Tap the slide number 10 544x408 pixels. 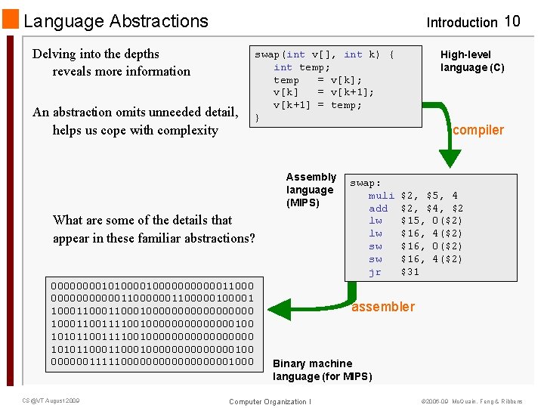coord(512,21)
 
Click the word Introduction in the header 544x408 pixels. coord(462,23)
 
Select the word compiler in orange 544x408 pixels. coord(478,130)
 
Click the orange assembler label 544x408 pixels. coord(383,307)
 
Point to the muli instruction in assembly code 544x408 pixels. coord(381,196)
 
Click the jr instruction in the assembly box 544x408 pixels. coord(375,272)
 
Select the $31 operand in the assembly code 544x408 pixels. coord(410,272)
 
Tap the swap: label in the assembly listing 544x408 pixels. coord(366,183)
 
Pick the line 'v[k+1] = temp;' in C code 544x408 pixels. coord(317,105)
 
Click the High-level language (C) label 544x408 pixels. coord(472,61)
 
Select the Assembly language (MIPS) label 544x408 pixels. coord(310,190)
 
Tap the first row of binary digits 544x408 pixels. coord(152,286)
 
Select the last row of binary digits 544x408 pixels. coord(152,362)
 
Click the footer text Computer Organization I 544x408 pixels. coord(270,401)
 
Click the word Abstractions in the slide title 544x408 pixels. coord(159,21)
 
